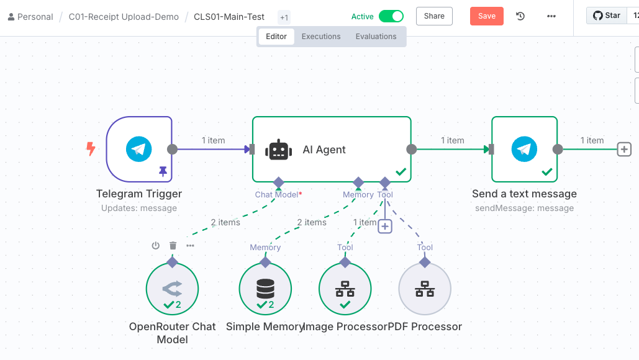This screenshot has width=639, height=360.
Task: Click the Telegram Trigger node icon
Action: pos(139,149)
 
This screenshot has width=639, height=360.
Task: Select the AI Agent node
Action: pos(331,150)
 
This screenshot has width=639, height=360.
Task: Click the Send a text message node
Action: pos(525,149)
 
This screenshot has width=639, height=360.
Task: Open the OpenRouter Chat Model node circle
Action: pos(172,289)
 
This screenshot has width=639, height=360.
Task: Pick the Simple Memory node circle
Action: pos(265,289)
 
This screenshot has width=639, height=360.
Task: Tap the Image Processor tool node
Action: pos(345,289)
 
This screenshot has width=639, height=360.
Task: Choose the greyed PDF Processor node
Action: pos(425,289)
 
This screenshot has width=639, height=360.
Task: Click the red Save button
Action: pos(487,16)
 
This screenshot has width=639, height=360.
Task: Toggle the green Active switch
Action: pos(391,16)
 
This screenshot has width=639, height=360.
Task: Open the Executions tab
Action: pos(321,37)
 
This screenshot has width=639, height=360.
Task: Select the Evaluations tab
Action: pos(376,37)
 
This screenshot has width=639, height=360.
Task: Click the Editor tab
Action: pos(276,37)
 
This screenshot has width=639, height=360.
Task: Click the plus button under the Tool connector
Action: pos(385,227)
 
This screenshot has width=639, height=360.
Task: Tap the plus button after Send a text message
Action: pos(624,149)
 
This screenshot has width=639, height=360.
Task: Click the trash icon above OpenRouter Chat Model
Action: pos(173,246)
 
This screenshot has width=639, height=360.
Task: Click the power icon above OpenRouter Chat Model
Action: pos(156,246)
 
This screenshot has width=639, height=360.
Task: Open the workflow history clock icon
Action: pos(520,16)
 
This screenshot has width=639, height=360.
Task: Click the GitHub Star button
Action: pos(607,16)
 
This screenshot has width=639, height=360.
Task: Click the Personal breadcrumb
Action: pos(30,17)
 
